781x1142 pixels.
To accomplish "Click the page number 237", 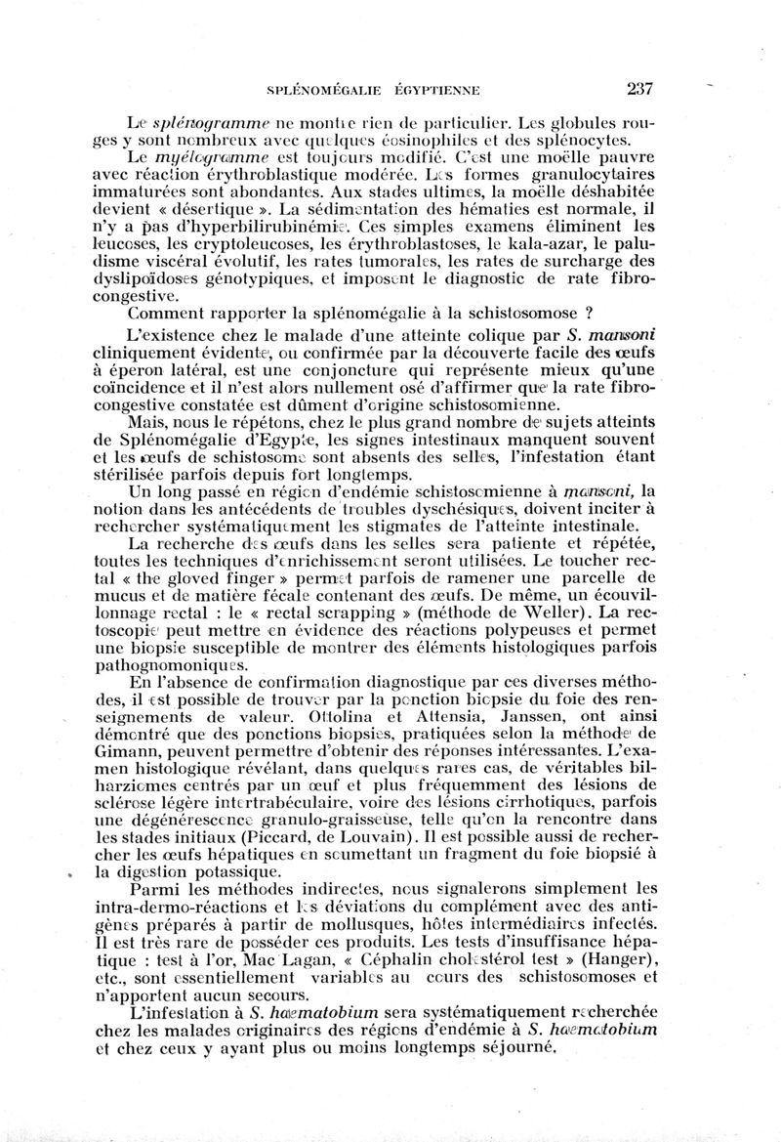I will click(x=639, y=89).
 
